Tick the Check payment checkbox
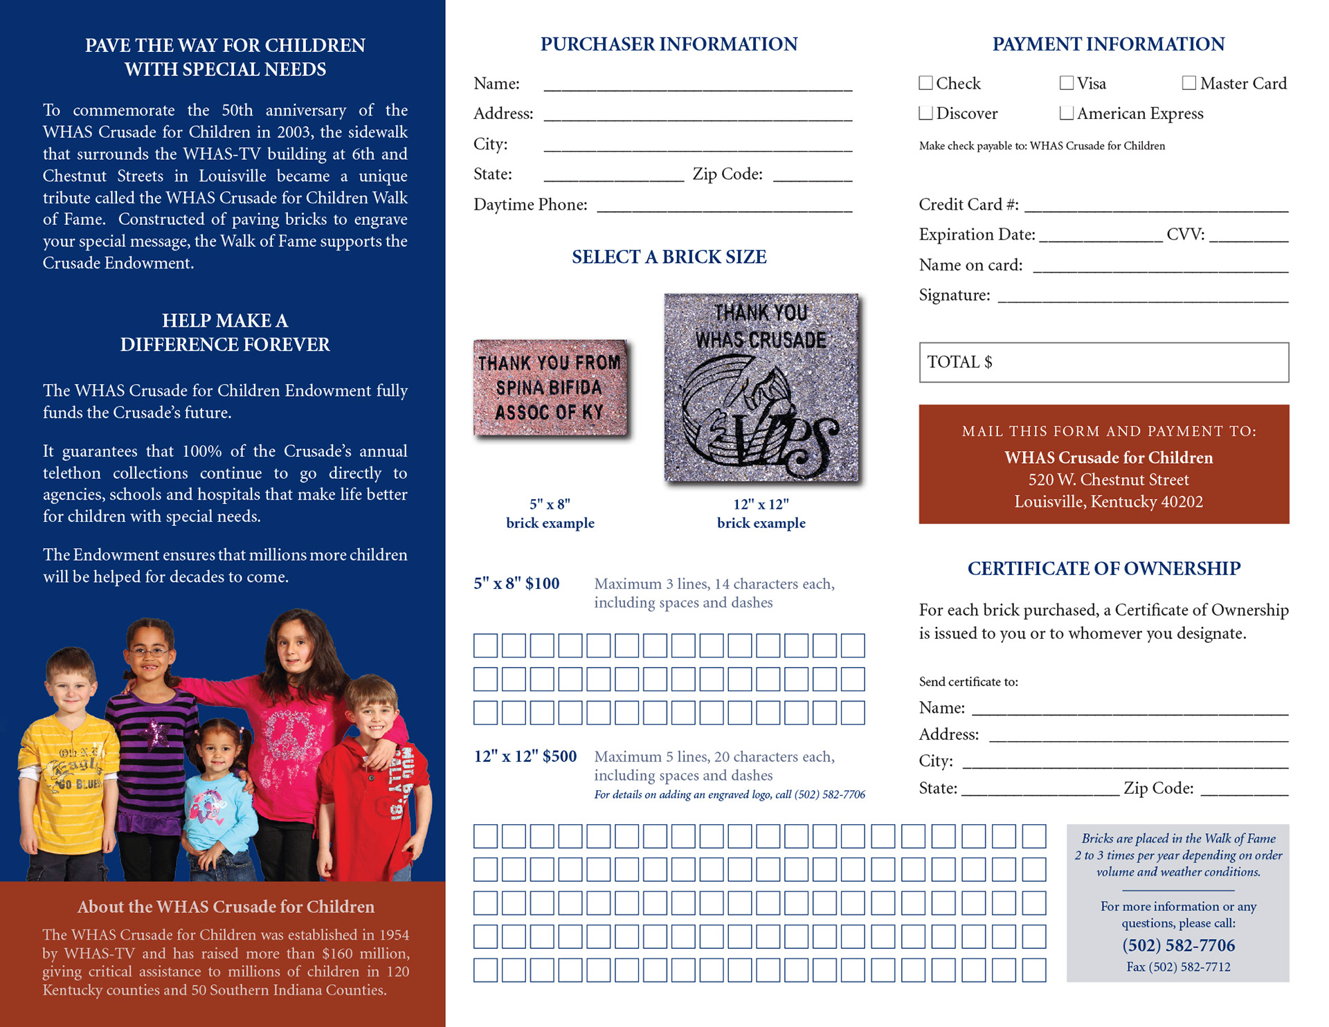click(925, 83)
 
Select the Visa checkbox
click(1067, 83)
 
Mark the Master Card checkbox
click(1189, 83)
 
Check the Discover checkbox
click(925, 113)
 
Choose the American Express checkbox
click(1067, 113)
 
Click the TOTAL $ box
click(1103, 362)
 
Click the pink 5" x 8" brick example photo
click(550, 388)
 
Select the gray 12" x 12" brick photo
click(761, 388)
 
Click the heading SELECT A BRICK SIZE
click(669, 257)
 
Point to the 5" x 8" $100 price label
click(516, 583)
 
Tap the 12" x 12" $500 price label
click(525, 756)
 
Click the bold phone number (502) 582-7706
click(1178, 945)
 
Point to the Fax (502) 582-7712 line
click(1178, 967)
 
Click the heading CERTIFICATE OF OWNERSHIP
click(1103, 568)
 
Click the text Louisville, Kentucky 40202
click(1108, 502)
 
